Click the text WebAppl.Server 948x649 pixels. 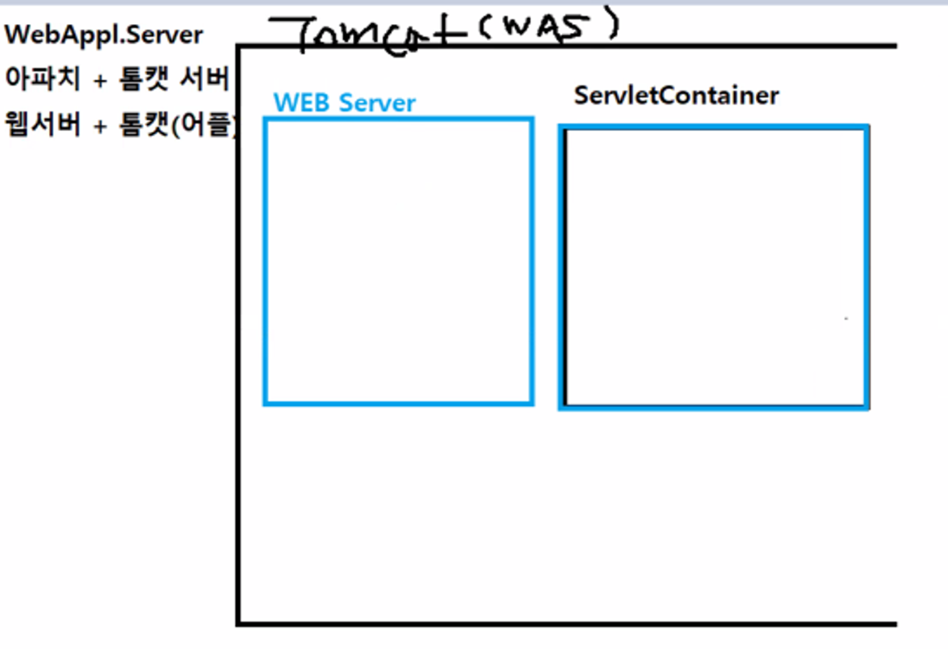coord(103,36)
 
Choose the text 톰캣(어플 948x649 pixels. coord(178,124)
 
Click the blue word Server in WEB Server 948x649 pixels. coord(377,103)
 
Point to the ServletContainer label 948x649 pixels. coord(676,95)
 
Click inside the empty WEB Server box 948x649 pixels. coord(398,261)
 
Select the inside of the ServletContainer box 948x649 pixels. coord(715,266)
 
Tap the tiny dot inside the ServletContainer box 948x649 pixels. coord(845,319)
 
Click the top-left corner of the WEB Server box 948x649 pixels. coord(266,119)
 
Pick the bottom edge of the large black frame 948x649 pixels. coord(565,623)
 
